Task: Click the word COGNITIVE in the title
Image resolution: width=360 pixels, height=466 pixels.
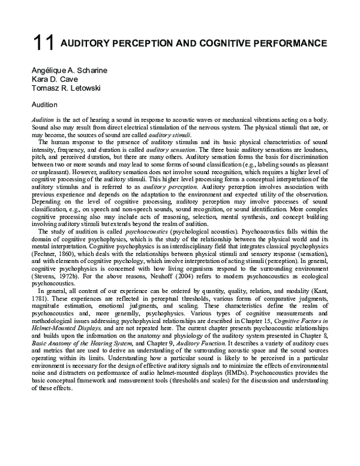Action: point(225,44)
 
